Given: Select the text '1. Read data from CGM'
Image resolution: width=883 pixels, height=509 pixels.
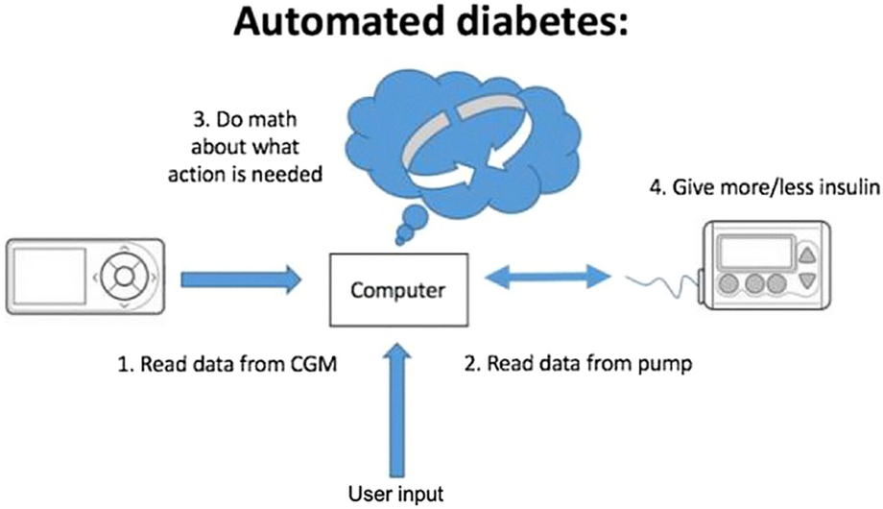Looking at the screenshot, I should click(227, 365).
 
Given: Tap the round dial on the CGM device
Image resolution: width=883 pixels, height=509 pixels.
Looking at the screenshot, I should click(123, 279).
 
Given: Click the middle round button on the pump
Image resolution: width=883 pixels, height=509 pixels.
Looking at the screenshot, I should click(754, 286).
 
